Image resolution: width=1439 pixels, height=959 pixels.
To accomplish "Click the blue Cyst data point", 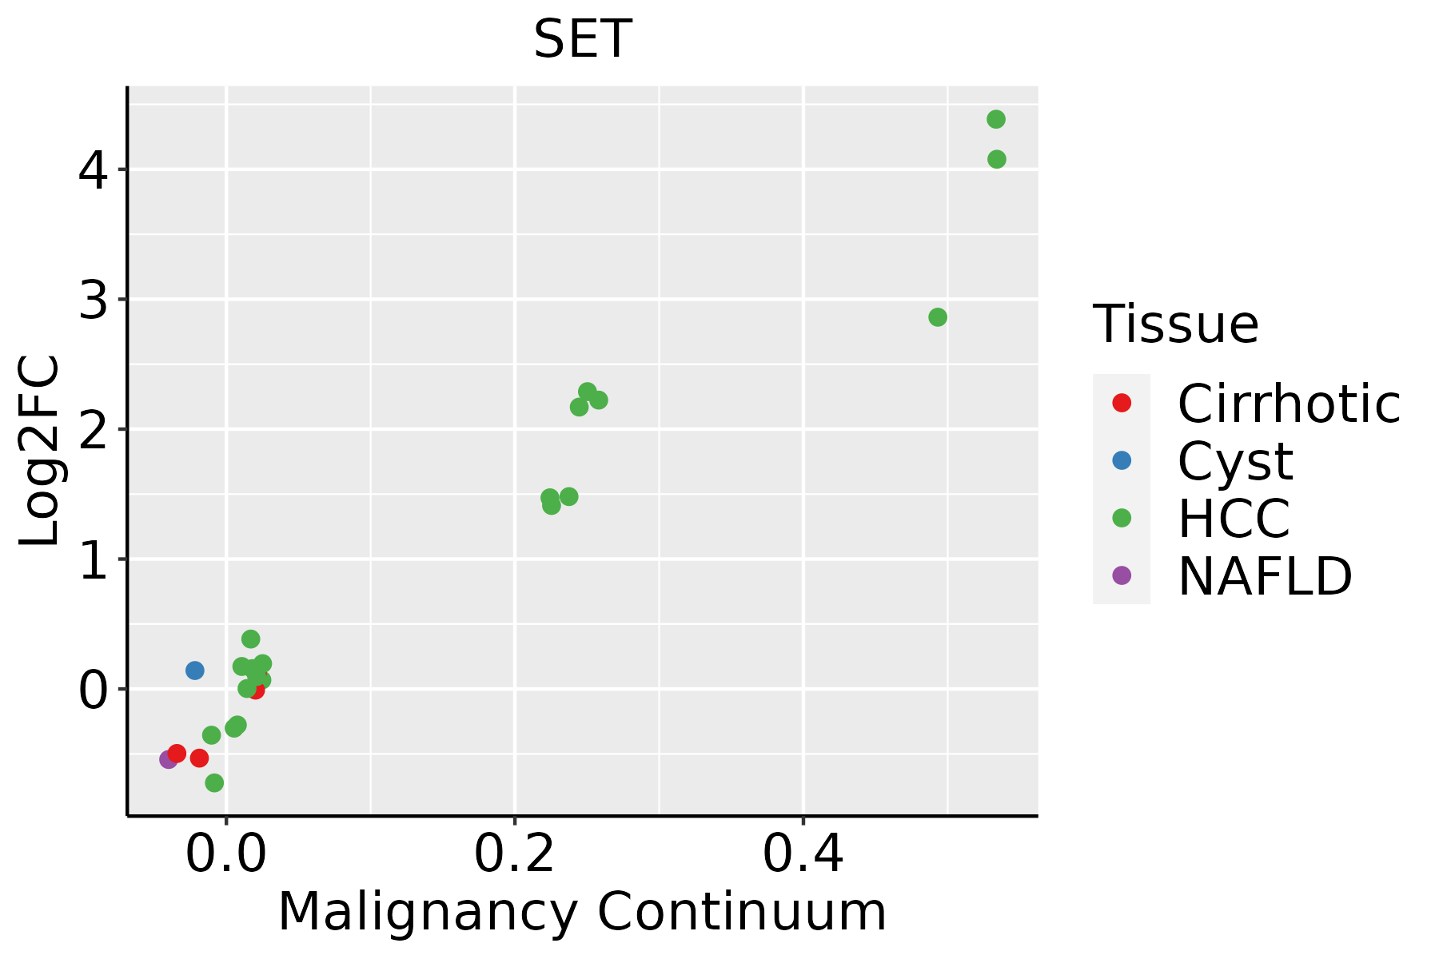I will point(195,671).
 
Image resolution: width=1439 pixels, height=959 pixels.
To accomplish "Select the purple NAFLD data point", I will point(169,759).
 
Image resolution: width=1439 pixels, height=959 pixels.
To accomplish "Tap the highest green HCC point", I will point(996,120).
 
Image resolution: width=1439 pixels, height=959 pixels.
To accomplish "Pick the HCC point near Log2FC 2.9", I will point(938,317).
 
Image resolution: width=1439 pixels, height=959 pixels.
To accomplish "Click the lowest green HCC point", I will point(214,782).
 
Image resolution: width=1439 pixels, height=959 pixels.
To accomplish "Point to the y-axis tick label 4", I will point(94,170).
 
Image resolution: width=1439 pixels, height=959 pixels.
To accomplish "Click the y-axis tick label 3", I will point(94,300).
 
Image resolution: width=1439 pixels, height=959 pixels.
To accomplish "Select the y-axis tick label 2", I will point(94,430).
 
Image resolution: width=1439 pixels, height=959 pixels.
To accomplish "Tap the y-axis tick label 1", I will point(94,560).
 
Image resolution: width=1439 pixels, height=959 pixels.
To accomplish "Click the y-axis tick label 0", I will point(94,690).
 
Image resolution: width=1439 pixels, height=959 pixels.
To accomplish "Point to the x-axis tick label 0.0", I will point(226,855).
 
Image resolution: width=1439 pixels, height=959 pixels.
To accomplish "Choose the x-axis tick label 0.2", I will point(515,855).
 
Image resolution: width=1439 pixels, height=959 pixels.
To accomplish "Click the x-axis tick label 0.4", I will point(803,855).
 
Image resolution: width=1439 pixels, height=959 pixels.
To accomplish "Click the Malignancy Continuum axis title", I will point(582,912).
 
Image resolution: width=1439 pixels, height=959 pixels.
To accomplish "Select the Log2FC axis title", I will point(40,451).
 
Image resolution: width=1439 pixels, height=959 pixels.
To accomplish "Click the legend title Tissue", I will point(1175,324).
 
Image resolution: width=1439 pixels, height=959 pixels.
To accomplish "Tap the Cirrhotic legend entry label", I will point(1289,404).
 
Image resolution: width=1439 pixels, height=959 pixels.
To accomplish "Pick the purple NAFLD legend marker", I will point(1122,575).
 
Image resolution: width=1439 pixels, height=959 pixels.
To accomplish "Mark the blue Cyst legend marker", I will point(1122,460).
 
